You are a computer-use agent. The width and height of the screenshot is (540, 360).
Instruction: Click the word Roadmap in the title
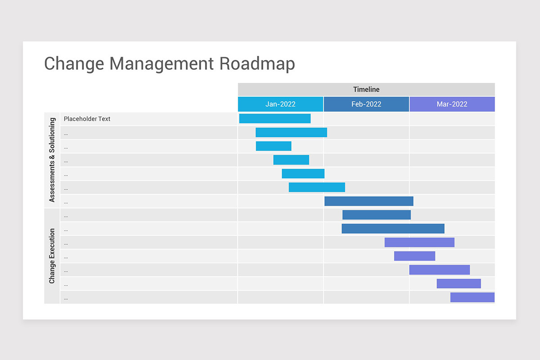257,63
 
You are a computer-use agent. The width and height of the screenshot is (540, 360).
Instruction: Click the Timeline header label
366,90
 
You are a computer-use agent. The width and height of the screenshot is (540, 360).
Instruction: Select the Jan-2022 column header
280,104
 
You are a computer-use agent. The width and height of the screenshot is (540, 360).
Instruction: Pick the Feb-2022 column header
366,104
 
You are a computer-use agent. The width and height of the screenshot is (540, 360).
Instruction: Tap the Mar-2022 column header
452,104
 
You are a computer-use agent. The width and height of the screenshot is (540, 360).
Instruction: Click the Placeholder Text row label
87,119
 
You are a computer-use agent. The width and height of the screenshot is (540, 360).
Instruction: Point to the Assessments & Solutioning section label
52,160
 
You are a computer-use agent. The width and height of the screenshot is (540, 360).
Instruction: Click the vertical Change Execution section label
52,256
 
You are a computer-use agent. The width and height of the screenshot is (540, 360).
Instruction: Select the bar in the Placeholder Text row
274,118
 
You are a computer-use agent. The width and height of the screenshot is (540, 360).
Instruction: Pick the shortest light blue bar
274,146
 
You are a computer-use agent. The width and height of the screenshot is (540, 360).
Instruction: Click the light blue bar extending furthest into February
317,187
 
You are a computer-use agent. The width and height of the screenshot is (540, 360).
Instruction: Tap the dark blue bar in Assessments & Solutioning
369,201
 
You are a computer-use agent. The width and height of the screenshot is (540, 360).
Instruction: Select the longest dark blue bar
393,229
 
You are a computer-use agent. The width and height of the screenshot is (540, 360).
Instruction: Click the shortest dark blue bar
376,215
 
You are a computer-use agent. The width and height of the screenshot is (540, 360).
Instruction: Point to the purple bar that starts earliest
419,243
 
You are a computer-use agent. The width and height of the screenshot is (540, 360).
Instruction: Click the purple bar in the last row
472,297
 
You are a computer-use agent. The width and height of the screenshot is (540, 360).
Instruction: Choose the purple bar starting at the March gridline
439,270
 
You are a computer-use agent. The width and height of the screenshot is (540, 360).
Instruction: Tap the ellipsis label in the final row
66,298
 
